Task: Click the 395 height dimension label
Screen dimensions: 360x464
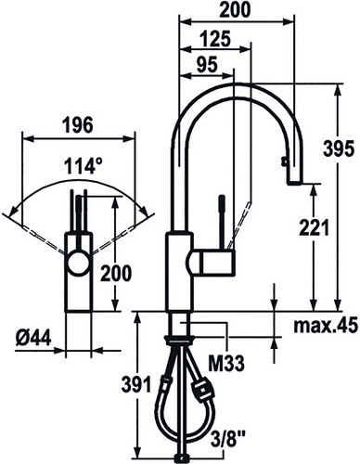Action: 338,148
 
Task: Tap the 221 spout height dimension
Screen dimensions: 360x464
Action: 314,228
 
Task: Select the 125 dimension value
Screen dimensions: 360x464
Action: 215,39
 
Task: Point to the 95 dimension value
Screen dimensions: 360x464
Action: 207,65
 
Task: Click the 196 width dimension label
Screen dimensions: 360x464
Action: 77,125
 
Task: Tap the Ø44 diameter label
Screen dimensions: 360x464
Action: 32,339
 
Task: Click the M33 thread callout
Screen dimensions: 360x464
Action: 225,364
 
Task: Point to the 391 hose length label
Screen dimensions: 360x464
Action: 136,384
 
